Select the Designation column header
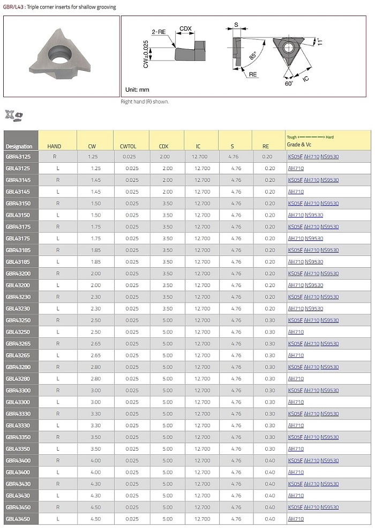[x=19, y=146]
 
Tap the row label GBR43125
[x=18, y=157]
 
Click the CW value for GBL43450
[x=96, y=519]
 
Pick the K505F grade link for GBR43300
[x=295, y=391]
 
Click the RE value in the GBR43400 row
[x=269, y=461]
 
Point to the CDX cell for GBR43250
[x=167, y=320]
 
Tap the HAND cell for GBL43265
[x=57, y=356]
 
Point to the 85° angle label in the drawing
[x=252, y=55]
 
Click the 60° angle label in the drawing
[x=289, y=84]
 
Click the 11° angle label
[x=319, y=41]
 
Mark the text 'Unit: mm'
[x=137, y=89]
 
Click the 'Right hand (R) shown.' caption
[x=145, y=101]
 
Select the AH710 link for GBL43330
[x=296, y=425]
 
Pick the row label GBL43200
[x=18, y=285]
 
